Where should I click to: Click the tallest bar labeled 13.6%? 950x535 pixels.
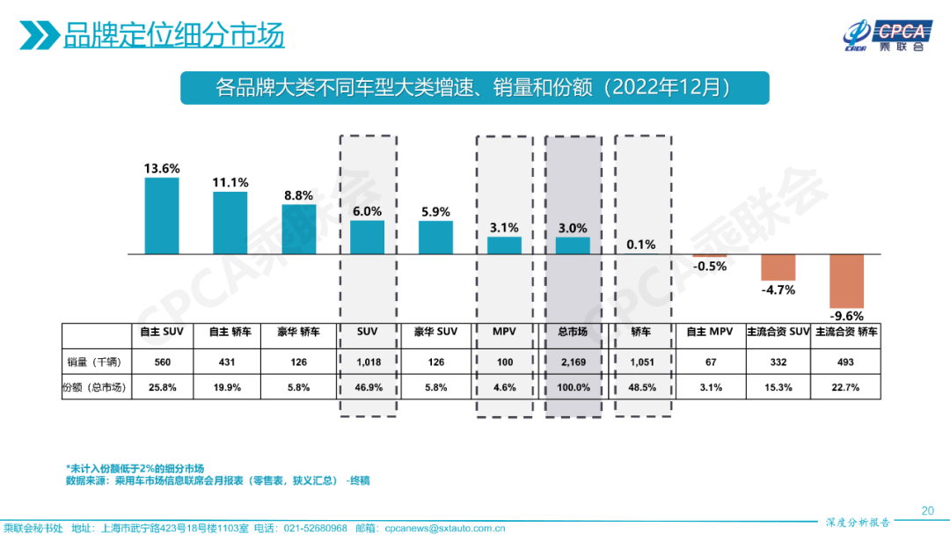162,216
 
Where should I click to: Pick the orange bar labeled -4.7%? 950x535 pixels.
778,267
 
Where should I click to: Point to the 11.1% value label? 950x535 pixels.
230,182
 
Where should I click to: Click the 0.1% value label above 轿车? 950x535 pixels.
641,245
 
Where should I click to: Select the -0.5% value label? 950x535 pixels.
709,266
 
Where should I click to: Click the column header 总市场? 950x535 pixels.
573,333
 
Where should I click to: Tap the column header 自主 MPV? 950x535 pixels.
710,333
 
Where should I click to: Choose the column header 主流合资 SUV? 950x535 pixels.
778,333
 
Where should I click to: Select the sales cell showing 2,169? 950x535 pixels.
573,362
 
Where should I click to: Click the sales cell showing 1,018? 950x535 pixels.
368,362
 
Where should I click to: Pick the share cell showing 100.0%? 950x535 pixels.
573,387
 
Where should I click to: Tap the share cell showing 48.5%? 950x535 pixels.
641,387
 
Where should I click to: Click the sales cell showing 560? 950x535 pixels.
162,362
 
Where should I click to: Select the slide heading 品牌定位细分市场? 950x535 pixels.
173,36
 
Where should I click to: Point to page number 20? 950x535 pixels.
927,510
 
